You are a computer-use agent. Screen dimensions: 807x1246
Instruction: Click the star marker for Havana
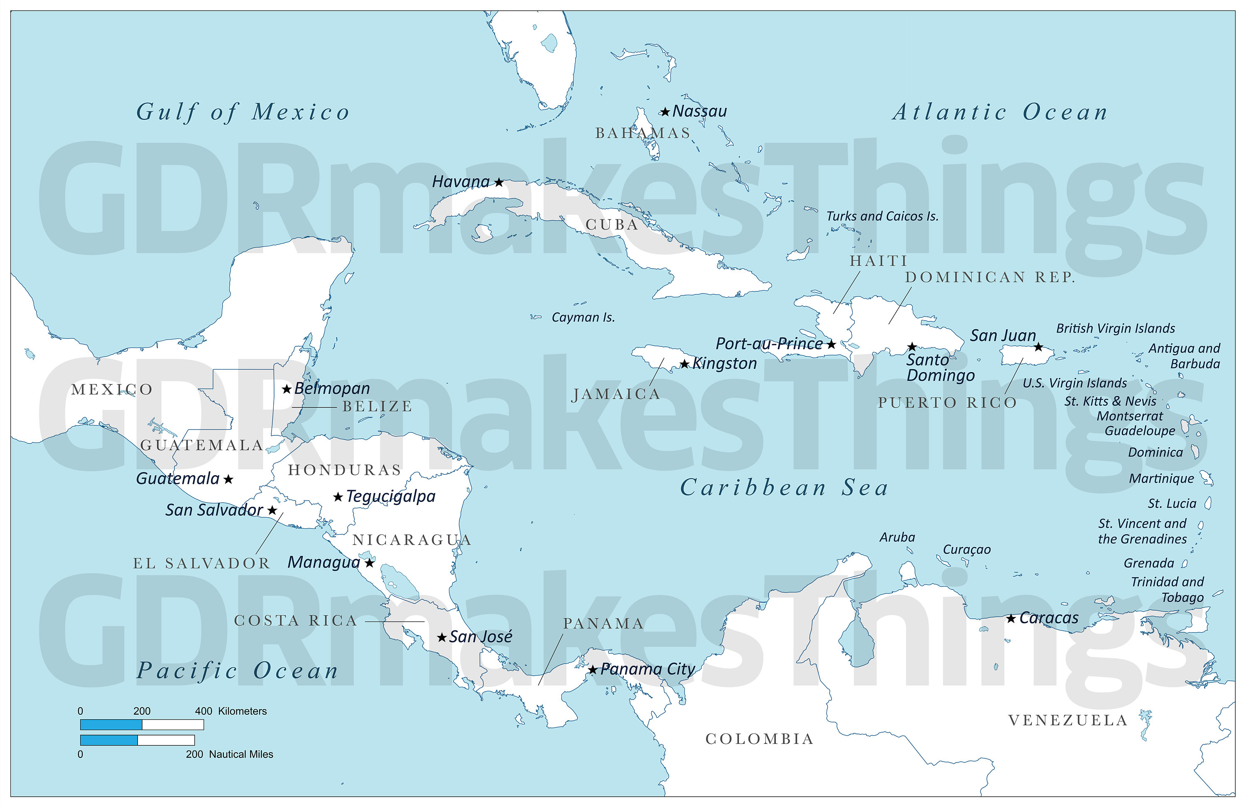click(499, 183)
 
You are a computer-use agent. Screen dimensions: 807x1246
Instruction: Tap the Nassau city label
click(699, 111)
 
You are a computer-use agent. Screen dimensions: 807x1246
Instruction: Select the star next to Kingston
click(684, 364)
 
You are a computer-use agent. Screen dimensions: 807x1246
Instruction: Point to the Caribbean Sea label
click(784, 488)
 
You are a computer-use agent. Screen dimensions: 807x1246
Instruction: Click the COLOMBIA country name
click(760, 739)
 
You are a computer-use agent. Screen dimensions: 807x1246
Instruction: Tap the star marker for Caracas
click(1011, 619)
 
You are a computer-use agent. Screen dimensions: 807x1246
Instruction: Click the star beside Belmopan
click(286, 389)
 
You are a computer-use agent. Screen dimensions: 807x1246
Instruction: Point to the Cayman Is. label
click(583, 318)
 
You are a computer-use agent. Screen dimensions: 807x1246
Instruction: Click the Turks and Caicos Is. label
click(882, 216)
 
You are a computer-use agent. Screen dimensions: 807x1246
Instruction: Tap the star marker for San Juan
click(1038, 347)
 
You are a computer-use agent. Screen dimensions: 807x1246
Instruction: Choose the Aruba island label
click(898, 537)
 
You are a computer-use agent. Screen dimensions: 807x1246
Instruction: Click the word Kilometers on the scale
click(243, 711)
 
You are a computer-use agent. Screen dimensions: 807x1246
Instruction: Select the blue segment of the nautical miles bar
click(109, 740)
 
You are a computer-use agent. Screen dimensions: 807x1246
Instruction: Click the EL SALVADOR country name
click(201, 563)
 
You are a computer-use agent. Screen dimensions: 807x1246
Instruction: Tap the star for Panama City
click(593, 670)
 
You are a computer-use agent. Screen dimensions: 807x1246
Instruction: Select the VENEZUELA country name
click(1068, 721)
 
